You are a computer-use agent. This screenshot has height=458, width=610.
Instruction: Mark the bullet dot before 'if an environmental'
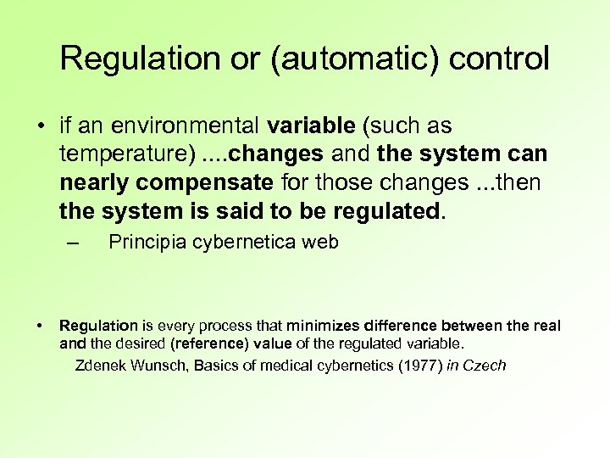[x=40, y=126]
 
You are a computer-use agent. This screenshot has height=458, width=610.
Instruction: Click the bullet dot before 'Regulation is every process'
[x=40, y=326]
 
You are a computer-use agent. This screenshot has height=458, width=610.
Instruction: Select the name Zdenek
[x=102, y=366]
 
